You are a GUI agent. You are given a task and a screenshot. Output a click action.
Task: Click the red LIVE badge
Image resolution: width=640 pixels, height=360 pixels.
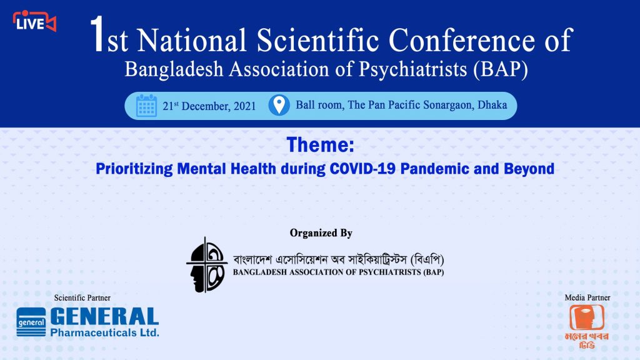coord(34,21)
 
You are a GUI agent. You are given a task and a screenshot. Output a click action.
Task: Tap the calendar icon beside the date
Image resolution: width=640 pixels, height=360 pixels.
coord(146,106)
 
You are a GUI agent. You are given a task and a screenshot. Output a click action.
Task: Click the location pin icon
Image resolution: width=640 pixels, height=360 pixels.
coord(279,105)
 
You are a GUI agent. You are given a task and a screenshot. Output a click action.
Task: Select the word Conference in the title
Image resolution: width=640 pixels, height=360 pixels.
coord(461,40)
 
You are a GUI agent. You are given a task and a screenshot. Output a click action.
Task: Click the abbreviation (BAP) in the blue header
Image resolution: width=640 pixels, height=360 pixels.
coord(501,69)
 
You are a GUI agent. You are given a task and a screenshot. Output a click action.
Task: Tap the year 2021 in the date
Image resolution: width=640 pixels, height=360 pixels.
coord(244,106)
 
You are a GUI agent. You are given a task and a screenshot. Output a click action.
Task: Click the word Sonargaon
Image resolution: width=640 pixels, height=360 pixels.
coord(448,105)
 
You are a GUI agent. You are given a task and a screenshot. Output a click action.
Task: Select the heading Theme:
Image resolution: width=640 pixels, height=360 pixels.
coord(321,144)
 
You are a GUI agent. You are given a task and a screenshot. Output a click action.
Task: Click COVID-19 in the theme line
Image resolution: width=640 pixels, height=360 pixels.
coord(362,169)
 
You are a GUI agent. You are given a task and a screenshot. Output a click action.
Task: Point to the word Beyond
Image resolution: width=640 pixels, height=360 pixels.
coord(529,169)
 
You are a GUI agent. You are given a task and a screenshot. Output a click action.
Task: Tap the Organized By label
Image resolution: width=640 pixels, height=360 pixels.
coord(321,233)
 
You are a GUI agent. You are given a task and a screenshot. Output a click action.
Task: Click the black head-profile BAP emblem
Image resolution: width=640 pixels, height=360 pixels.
coord(206,265)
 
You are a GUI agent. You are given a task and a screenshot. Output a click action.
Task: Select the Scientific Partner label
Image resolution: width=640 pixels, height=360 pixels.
coord(82,297)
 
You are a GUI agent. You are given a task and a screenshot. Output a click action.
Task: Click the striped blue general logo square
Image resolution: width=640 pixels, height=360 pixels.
coord(31,322)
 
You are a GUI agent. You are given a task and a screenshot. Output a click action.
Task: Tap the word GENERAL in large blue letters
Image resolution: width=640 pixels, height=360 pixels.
coord(104,317)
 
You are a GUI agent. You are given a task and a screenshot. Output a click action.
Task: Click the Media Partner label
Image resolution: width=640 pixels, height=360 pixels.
coord(587,297)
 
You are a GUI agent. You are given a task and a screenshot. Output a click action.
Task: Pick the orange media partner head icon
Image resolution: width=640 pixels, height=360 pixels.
coord(587,317)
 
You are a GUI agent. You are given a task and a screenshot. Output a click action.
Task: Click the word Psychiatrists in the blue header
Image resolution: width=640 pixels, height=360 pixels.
coord(413,69)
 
